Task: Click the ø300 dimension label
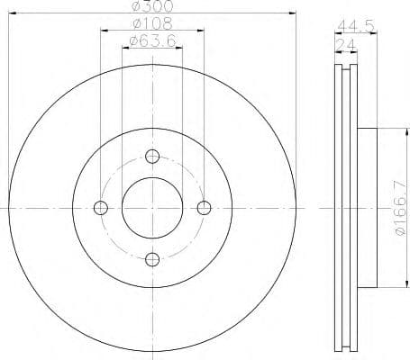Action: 151,8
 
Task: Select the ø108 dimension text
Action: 151,24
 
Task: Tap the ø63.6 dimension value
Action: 151,41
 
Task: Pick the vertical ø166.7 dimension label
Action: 399,209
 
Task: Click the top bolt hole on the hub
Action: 152,155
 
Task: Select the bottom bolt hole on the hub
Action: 152,260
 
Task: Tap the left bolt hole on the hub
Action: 100,208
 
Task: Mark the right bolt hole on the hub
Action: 205,208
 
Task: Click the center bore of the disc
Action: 152,208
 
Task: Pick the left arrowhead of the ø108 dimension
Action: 103,30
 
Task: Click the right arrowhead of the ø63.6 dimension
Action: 180,47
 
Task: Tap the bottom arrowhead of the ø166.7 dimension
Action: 392,284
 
